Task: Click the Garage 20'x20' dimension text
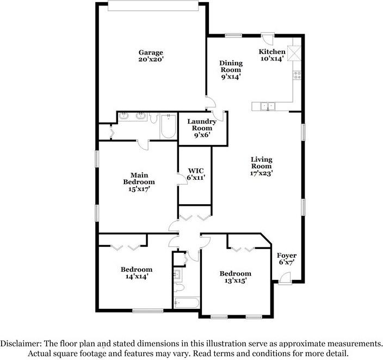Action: coord(151,59)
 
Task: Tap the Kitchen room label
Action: coord(272,52)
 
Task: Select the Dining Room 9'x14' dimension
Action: coord(231,77)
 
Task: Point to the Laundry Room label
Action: coord(202,125)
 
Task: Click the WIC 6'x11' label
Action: coord(196,174)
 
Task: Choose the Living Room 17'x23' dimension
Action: coord(261,173)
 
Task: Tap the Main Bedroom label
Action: coord(139,179)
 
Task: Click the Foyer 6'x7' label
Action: coord(287,259)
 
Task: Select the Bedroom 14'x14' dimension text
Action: coord(137,276)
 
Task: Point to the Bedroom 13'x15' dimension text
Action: coord(235,280)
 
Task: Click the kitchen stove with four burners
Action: coord(297,75)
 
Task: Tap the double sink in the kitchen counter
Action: coord(268,106)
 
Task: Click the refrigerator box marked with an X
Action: coord(294,53)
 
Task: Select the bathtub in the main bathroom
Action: coord(168,126)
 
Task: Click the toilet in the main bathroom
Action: coord(153,118)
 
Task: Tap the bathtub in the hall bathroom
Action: coord(187,303)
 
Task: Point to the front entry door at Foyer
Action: coord(285,278)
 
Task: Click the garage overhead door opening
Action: coord(153,6)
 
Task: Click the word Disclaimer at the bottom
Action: coord(21,344)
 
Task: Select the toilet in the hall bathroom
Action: coord(179,288)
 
